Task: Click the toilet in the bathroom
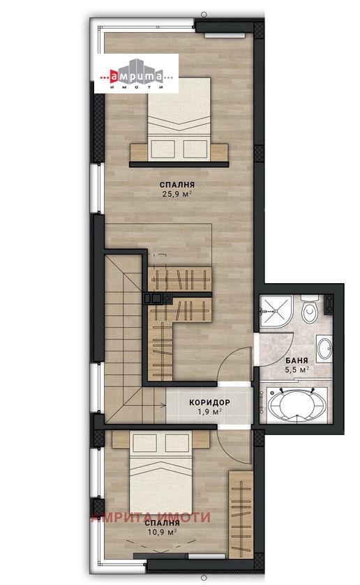click(310, 310)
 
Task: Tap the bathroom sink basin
click(324, 349)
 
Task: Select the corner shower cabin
click(276, 311)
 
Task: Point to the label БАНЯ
click(297, 360)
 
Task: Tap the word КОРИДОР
click(209, 402)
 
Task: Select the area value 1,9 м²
click(209, 411)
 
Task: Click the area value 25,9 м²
click(177, 194)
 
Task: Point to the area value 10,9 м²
click(162, 532)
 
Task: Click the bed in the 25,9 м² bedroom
click(179, 119)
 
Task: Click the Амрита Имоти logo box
click(136, 73)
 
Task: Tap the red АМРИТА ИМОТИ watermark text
click(151, 517)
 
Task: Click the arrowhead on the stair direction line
click(164, 405)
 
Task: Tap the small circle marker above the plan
click(204, 15)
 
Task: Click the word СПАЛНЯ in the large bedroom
click(177, 185)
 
